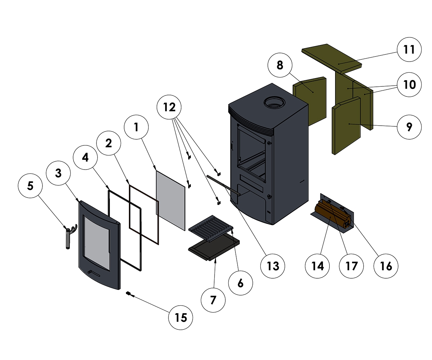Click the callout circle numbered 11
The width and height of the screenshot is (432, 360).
click(409, 49)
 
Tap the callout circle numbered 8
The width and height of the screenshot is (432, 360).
click(280, 66)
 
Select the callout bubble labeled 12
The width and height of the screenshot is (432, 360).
click(169, 107)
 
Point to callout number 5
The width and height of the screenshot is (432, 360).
click(30, 186)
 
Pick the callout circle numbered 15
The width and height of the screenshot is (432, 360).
click(181, 318)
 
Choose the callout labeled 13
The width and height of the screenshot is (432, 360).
click(273, 266)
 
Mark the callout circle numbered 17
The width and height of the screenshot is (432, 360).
click(351, 266)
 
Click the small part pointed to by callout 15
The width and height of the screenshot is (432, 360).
click(128, 293)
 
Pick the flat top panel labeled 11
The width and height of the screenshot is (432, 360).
click(331, 56)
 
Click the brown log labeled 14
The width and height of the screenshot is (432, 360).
click(329, 216)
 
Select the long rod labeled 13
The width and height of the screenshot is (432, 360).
click(223, 185)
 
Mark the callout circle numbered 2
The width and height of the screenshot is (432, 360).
click(109, 143)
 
